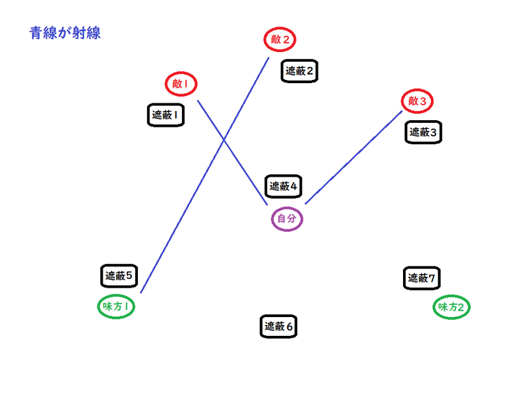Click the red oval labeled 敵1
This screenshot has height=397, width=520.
click(181, 84)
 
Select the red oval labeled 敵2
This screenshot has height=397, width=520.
click(280, 40)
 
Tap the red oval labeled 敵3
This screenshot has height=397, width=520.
click(417, 101)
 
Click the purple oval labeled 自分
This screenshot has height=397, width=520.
click(287, 219)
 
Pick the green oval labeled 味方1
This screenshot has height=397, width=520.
click(116, 306)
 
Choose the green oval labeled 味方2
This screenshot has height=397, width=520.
click(451, 307)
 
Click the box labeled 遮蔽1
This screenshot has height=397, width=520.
click(166, 116)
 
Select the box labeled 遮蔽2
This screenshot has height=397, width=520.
click(300, 71)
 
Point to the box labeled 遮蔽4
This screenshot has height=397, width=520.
click(283, 186)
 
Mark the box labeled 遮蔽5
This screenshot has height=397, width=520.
click(119, 275)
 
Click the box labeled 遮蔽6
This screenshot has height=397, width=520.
click(279, 327)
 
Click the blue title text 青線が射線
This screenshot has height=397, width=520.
click(64, 33)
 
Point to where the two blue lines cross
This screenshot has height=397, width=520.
click(224, 140)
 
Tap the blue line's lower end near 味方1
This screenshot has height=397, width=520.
click(141, 292)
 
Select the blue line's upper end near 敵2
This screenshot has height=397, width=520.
click(268, 58)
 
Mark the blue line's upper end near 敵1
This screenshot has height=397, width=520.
click(198, 100)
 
